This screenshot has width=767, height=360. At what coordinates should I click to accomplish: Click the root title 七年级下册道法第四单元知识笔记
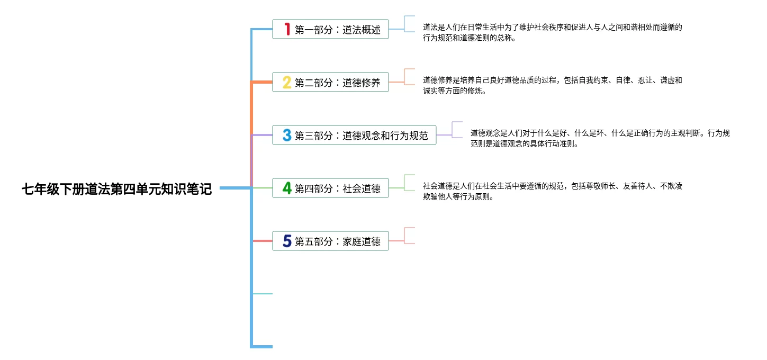click(116, 189)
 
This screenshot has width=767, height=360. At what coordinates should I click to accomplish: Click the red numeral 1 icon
click(287, 29)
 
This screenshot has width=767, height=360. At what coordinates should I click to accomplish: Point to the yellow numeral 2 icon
click(287, 82)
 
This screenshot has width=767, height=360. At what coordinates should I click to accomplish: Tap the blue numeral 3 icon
click(287, 135)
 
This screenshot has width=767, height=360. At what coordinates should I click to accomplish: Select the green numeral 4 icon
click(287, 188)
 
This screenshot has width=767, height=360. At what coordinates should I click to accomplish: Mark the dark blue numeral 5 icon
click(287, 241)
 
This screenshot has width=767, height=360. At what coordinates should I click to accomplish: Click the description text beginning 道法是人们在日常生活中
click(552, 32)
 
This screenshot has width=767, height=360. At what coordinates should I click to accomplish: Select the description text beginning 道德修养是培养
click(552, 85)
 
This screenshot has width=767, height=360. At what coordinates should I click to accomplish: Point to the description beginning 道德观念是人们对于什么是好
click(600, 138)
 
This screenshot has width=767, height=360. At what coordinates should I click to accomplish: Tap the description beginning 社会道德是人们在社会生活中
click(552, 191)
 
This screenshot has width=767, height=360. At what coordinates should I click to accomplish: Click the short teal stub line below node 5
click(263, 293)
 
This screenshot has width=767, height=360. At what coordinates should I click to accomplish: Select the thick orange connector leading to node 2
click(261, 82)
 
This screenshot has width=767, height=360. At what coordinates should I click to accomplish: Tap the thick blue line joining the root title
click(235, 188)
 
